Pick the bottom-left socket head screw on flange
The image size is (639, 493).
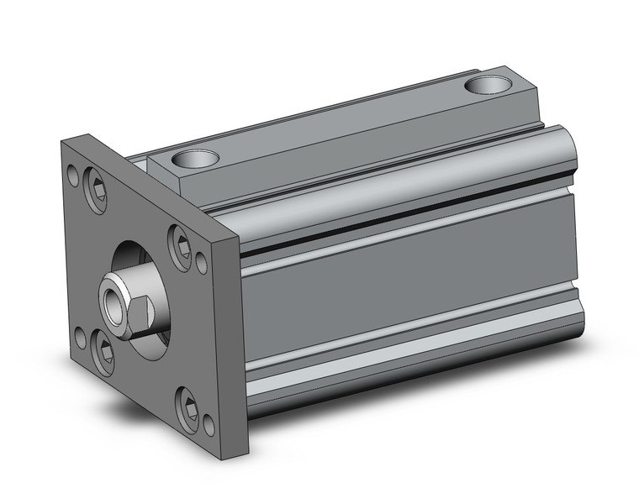[103, 352]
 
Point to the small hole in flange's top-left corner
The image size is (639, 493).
[73, 177]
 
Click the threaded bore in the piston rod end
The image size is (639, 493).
[111, 296]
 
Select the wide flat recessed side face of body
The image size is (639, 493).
[412, 286]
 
